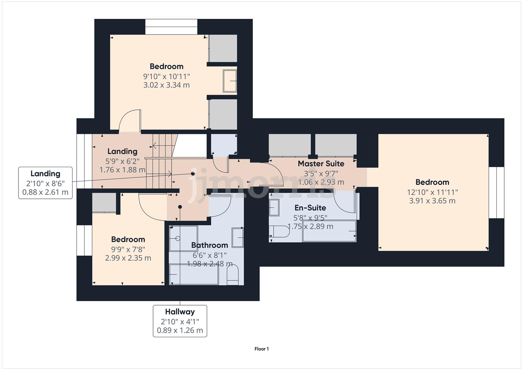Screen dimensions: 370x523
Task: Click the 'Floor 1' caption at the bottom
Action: tap(261, 349)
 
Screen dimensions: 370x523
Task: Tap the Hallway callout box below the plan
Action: tap(180, 321)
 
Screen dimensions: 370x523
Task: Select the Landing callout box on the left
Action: tap(45, 183)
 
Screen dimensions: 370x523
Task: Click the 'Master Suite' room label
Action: tap(321, 164)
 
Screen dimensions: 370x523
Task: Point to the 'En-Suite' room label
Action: tap(310, 208)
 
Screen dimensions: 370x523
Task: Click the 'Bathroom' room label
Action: tap(209, 245)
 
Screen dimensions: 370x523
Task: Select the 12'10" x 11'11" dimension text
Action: tap(432, 192)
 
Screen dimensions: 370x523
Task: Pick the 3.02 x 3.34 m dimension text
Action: tap(166, 85)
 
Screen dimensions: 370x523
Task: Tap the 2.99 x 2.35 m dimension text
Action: tap(128, 258)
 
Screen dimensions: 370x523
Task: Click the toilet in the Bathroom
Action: tap(233, 276)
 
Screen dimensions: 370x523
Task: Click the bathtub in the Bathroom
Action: tap(194, 274)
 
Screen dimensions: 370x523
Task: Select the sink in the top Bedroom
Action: tap(230, 81)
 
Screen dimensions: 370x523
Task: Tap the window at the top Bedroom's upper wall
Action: tap(171, 27)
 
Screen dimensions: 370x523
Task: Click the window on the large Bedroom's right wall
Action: tap(496, 193)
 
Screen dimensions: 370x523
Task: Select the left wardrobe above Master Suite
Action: tap(289, 145)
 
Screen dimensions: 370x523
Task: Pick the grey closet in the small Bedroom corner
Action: tap(104, 202)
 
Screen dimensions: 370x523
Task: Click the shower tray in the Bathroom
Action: tap(183, 238)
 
